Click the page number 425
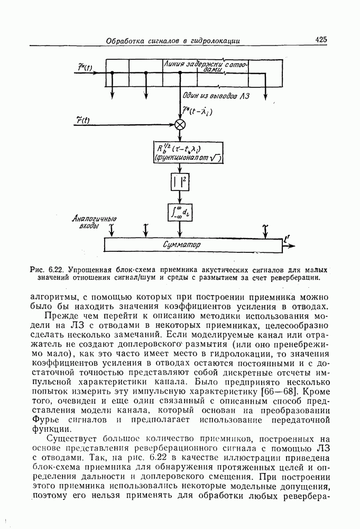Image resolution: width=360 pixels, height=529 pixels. click(x=321, y=40)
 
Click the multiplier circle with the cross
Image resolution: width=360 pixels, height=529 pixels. click(x=180, y=124)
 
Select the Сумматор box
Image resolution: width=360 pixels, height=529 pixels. click(x=193, y=245)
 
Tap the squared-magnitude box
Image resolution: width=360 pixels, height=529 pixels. click(x=180, y=183)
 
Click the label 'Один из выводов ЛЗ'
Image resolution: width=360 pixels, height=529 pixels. click(x=216, y=96)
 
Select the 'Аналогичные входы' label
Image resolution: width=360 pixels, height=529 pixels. click(x=95, y=222)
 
